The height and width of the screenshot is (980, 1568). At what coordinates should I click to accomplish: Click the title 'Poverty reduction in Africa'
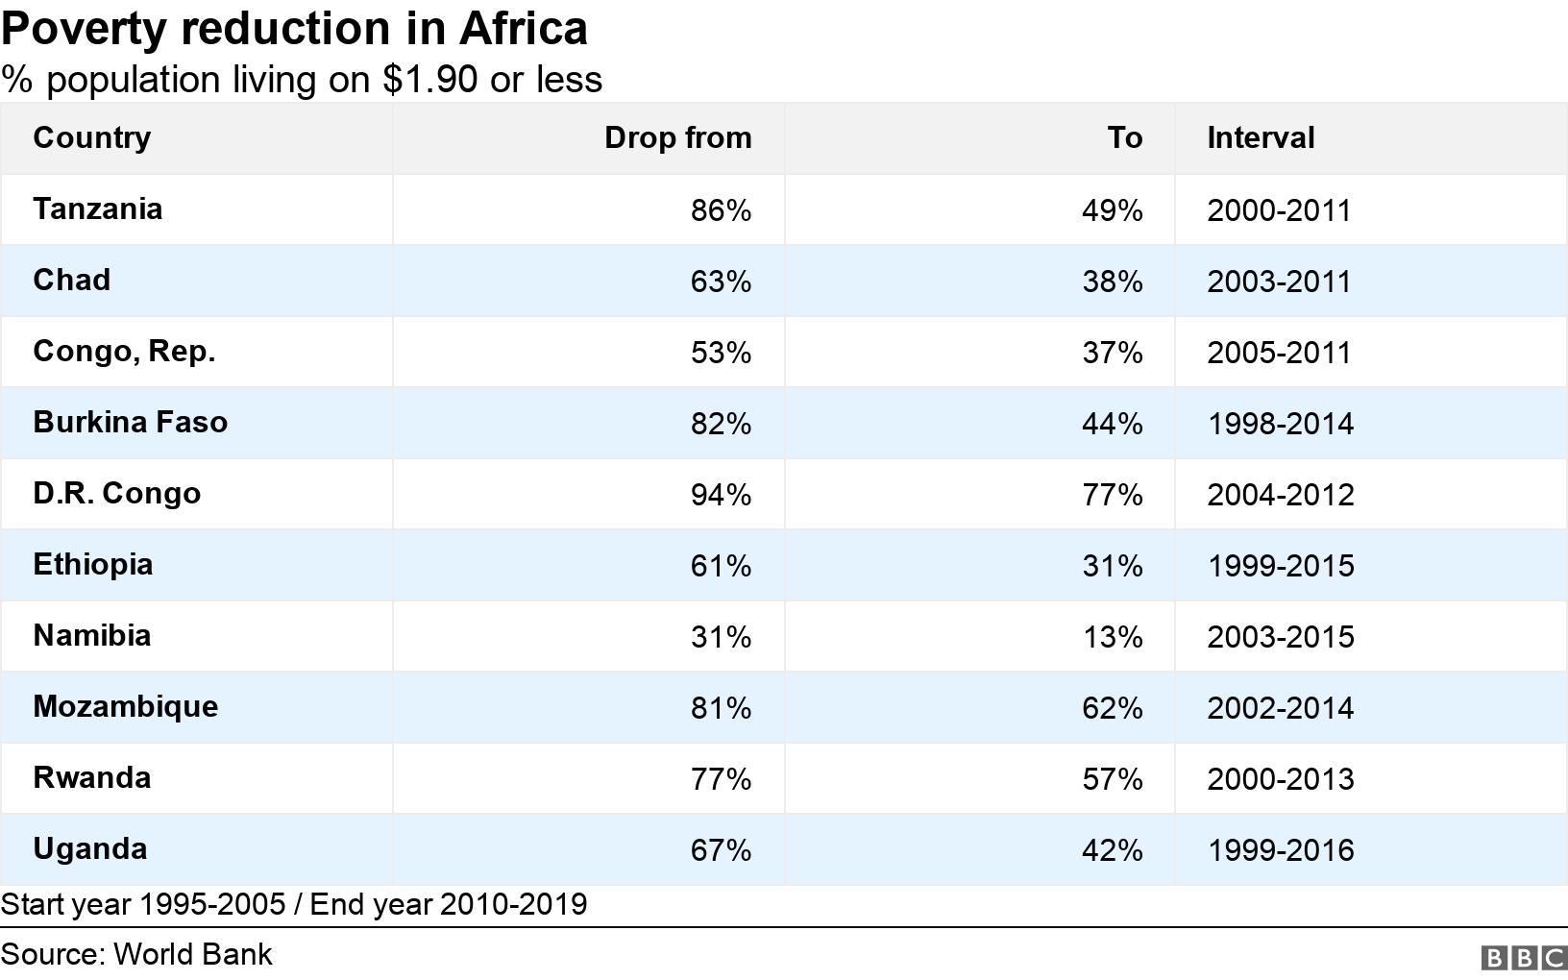[294, 29]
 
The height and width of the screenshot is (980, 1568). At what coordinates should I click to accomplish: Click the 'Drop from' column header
[677, 137]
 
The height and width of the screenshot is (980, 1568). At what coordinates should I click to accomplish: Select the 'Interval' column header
[1260, 137]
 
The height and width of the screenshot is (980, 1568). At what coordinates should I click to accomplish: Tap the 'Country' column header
[91, 137]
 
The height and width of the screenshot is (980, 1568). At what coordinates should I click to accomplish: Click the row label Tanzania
[97, 208]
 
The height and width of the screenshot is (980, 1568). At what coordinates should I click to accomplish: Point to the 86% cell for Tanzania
[721, 210]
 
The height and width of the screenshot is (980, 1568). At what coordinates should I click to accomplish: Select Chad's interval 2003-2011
[1279, 282]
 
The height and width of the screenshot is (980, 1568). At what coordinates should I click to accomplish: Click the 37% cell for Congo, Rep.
[1112, 353]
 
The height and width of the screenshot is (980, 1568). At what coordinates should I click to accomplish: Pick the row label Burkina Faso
[130, 422]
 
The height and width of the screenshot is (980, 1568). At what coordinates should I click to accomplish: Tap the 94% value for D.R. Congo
[721, 495]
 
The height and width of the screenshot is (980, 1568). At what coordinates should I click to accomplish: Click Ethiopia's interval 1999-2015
[1280, 566]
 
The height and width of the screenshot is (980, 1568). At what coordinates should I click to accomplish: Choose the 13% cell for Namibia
[1112, 637]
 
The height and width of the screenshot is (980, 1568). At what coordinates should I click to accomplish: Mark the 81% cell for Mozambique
[721, 708]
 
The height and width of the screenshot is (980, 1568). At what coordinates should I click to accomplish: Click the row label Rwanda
[91, 777]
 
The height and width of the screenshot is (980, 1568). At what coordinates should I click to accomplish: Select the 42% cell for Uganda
[1112, 850]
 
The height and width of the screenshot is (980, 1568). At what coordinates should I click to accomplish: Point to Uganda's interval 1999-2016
[1280, 850]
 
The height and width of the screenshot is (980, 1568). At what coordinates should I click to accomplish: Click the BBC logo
[1523, 958]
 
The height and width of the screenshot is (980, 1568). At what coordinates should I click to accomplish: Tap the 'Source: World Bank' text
[136, 954]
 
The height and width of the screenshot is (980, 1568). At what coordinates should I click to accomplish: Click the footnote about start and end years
[293, 904]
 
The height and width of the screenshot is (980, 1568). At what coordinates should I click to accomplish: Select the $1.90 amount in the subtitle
[429, 80]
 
